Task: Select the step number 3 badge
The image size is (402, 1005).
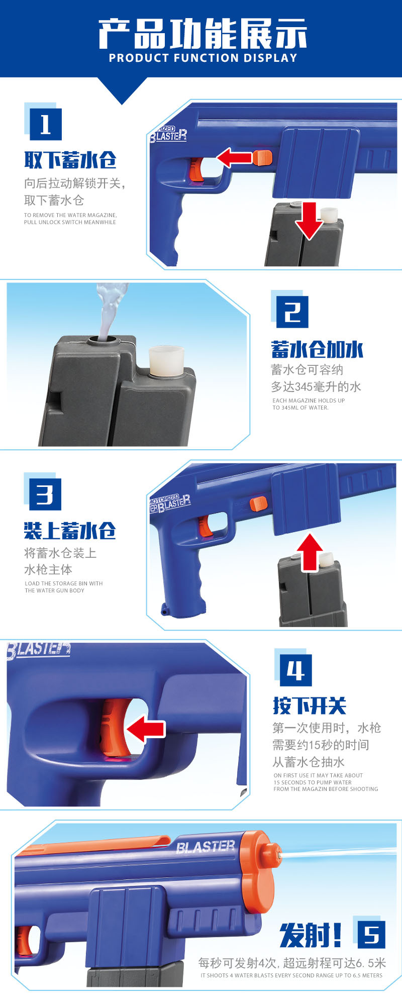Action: [x=45, y=494]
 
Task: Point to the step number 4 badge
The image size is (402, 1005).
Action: [x=295, y=670]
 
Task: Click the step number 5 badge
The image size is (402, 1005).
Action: [x=371, y=934]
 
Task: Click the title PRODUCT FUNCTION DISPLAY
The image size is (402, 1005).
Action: [x=203, y=58]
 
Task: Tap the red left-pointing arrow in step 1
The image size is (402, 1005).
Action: [x=234, y=157]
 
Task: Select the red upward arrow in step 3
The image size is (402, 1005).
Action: [x=310, y=552]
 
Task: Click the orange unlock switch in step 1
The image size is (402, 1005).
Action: [x=262, y=157]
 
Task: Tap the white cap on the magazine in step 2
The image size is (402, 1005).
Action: [x=167, y=360]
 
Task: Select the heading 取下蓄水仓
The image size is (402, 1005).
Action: [x=70, y=160]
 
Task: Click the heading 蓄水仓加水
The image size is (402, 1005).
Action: [x=317, y=349]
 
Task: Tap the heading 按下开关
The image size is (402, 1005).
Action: [x=310, y=706]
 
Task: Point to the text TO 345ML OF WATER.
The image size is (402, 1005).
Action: [x=300, y=408]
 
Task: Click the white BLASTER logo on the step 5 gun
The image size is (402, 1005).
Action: [x=206, y=847]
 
